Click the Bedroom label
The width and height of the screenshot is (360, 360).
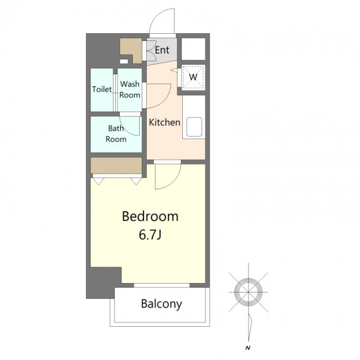click(x=150, y=216)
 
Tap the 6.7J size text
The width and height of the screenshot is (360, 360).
click(x=150, y=234)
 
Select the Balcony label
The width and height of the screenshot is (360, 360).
click(x=161, y=304)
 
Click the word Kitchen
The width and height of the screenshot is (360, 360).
click(x=164, y=122)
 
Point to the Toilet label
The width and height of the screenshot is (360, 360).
click(x=102, y=89)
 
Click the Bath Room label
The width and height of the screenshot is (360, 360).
click(x=116, y=133)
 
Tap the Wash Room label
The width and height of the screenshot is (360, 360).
click(x=130, y=89)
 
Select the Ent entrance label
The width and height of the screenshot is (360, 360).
click(x=162, y=50)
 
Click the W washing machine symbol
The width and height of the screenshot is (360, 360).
click(x=193, y=76)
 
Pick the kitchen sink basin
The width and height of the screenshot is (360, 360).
click(x=194, y=127)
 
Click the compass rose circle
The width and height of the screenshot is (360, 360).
click(x=249, y=292)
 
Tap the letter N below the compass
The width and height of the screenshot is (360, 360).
click(x=248, y=348)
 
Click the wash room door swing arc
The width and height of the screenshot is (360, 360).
click(x=164, y=100)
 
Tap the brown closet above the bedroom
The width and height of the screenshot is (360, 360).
click(x=116, y=165)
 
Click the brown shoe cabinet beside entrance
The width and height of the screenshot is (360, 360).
click(x=131, y=50)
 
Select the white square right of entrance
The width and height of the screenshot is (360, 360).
click(x=193, y=49)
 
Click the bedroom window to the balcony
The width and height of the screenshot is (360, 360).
click(x=162, y=285)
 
